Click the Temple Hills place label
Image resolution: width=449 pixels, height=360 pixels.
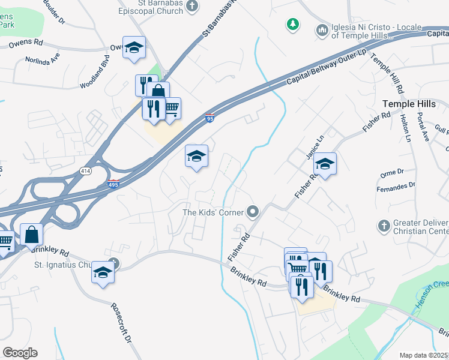pos(409,104)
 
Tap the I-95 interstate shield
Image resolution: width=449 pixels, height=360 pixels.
pos(209,119)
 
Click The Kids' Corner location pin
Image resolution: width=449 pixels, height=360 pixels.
pos(253,211)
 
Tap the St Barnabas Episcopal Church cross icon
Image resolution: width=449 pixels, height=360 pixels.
pos(191,7)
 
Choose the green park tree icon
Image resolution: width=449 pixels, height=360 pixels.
pos(292,24)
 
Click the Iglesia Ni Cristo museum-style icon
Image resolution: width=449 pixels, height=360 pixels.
pos(322,29)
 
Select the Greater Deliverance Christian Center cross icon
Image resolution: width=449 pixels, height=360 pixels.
pos(384,226)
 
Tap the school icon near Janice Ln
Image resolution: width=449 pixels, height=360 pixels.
pos(325,164)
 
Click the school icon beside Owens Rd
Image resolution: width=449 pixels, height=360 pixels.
pos(134,47)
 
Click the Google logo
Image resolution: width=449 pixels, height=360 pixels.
pos(20,353)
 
